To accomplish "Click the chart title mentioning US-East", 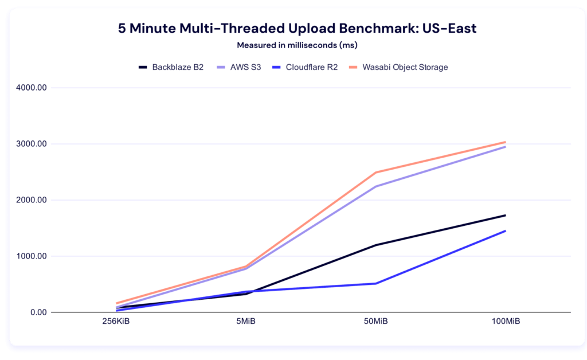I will (293, 29).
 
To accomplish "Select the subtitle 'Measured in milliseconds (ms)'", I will (293, 45).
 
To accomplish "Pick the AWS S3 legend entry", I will (239, 67).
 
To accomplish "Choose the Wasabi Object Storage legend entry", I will (398, 67).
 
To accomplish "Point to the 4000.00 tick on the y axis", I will (32, 88).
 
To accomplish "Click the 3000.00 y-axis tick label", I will (32, 144).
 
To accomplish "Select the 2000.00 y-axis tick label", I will (32, 200).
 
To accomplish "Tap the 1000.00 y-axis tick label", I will (32, 256).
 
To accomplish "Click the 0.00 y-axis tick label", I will (36, 312).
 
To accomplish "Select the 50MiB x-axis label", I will (375, 322).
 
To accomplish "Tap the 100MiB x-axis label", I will (506, 322).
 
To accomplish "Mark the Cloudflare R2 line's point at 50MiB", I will (375, 283).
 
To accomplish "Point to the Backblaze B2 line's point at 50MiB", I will (375, 245).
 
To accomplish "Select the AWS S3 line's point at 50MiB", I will (375, 186).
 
